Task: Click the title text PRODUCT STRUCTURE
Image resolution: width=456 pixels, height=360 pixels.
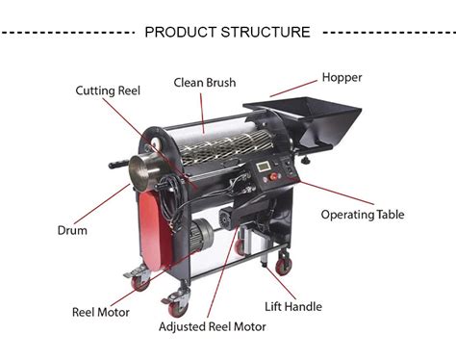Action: [227, 32]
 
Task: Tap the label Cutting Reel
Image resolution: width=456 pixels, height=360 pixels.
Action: [110, 90]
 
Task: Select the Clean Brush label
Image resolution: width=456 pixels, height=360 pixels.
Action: [205, 82]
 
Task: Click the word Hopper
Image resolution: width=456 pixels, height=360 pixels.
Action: [342, 77]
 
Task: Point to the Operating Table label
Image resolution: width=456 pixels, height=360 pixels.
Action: [362, 214]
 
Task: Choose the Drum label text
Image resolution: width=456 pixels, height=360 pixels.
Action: [71, 230]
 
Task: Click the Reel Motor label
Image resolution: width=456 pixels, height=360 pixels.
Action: [100, 311]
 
